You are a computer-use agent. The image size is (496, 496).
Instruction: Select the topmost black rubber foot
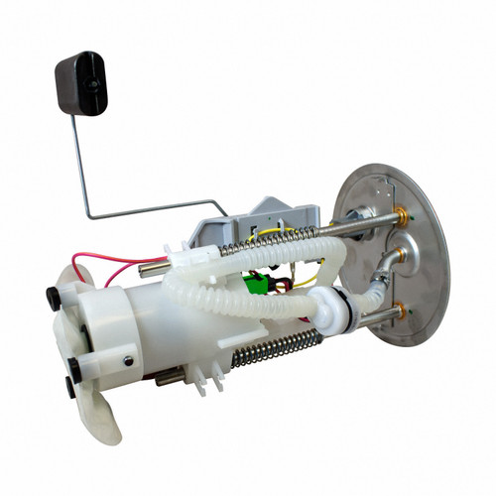click(52, 295)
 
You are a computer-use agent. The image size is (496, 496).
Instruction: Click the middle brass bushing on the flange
click(401, 257)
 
